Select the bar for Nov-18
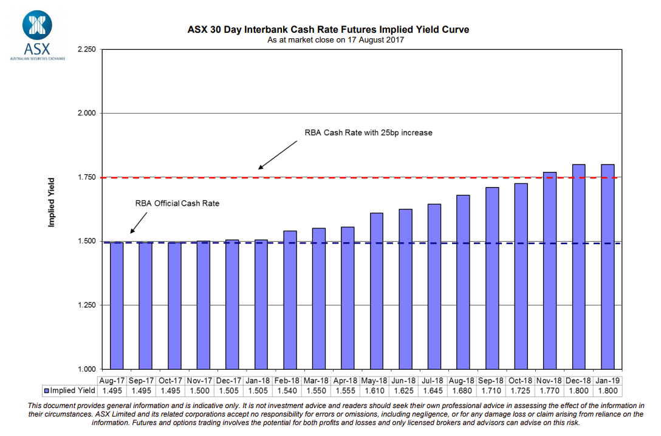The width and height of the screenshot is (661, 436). [549, 270]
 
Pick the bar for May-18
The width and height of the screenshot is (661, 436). [376, 291]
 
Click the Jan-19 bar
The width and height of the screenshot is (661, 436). [608, 267]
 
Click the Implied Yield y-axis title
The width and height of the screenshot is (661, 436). [52, 202]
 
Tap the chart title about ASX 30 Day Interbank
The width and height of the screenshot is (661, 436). [327, 29]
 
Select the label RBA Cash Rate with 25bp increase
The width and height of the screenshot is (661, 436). [368, 132]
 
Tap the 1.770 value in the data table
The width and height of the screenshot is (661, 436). [549, 390]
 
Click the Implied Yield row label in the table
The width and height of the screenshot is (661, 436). [69, 390]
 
